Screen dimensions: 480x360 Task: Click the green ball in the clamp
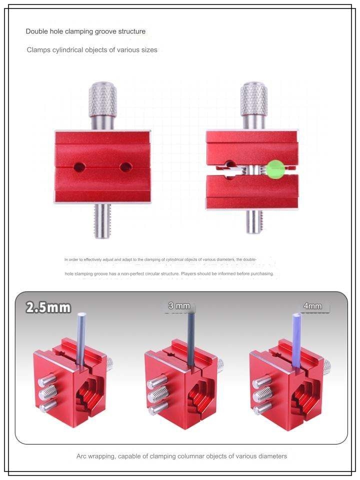[275, 169]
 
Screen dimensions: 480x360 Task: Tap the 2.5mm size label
[48, 307]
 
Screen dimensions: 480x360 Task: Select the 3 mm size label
[179, 305]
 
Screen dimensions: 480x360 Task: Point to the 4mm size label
[312, 306]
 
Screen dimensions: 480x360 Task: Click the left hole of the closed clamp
[79, 167]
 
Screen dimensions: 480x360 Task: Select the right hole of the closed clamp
[126, 167]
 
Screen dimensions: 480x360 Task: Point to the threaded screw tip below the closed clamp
[102, 220]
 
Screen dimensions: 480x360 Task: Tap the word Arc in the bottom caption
[82, 456]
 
